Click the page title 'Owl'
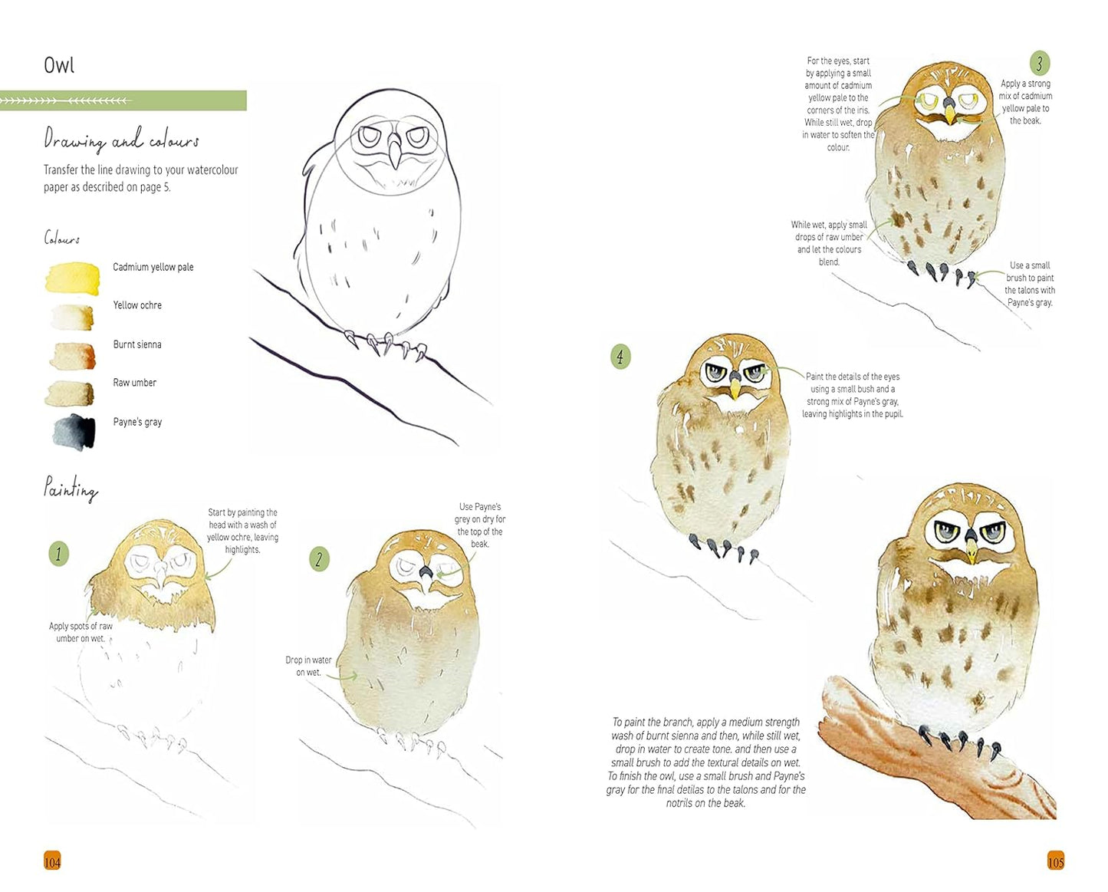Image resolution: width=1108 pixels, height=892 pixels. click(58, 65)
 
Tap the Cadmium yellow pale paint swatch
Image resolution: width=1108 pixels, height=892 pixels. click(72, 278)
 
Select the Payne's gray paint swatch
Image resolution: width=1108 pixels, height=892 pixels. click(74, 431)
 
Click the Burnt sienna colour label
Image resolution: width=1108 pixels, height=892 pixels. click(137, 344)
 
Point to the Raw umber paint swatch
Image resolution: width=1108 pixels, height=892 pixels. click(70, 393)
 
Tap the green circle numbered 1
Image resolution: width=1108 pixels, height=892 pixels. click(58, 554)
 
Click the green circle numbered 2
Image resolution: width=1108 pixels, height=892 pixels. click(319, 558)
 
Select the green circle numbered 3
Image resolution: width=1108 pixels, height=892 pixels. click(1039, 63)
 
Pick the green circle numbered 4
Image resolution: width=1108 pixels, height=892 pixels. click(620, 356)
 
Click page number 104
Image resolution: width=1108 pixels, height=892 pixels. click(52, 861)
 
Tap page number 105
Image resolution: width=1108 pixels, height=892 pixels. click(1055, 861)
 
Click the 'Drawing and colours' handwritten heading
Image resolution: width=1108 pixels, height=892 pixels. click(121, 141)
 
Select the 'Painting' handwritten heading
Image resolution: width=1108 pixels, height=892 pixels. click(71, 489)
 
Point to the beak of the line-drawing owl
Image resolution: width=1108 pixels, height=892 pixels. click(394, 152)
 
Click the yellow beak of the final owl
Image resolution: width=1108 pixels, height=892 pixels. click(972, 550)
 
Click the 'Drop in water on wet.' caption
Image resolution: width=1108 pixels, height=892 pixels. click(308, 666)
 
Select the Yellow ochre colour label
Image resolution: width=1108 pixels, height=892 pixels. click(137, 305)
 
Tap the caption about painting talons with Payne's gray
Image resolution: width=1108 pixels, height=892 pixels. click(1030, 284)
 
